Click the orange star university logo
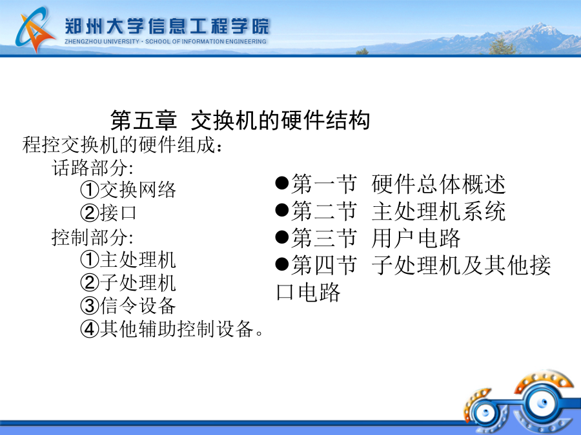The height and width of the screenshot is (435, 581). (35, 29)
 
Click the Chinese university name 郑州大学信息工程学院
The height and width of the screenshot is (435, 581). (167, 26)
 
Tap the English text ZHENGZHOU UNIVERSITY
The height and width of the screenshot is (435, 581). (102, 41)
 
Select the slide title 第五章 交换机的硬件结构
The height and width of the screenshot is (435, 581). (240, 121)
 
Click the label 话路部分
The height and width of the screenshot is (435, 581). (92, 168)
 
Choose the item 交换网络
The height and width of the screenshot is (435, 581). (138, 190)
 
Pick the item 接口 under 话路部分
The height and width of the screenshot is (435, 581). (118, 213)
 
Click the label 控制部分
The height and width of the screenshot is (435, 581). (92, 237)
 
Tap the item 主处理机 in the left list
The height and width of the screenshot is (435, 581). (138, 259)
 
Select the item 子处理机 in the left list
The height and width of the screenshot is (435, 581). (138, 283)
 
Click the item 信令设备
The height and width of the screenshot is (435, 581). (138, 306)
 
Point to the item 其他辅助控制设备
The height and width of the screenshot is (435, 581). (177, 329)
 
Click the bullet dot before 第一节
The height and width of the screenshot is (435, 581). (282, 183)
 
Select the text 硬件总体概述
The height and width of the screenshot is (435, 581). (439, 184)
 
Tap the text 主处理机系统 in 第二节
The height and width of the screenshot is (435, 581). (439, 211)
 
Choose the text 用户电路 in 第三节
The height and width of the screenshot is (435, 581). (416, 238)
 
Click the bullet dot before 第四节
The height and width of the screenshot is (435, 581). (282, 264)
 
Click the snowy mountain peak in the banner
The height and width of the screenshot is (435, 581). (542, 27)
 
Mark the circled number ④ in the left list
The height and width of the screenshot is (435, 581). (90, 329)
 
